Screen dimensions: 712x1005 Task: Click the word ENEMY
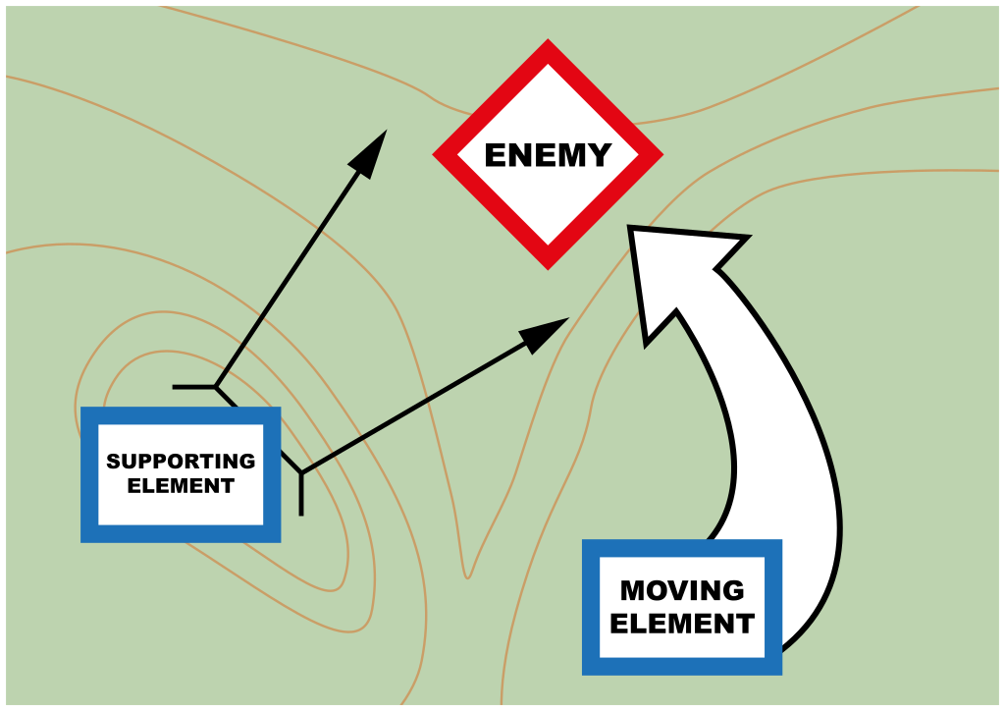(548, 155)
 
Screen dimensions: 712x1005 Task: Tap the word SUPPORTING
(181, 462)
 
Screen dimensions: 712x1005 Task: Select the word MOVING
(682, 591)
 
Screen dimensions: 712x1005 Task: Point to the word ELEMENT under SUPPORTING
(181, 486)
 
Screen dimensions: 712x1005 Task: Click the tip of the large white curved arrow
(632, 232)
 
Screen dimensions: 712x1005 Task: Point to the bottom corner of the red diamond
(548, 266)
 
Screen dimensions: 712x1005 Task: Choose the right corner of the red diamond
(661, 154)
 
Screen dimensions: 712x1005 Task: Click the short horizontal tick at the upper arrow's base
(193, 387)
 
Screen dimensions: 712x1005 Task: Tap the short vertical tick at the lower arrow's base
(301, 495)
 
